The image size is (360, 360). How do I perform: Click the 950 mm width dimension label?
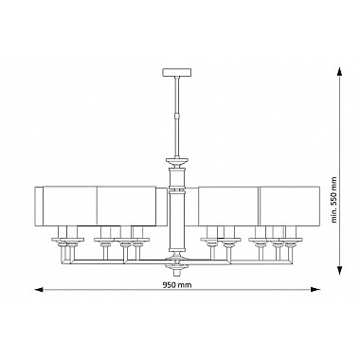point(177,285)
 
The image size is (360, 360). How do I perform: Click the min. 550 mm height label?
point(334,200)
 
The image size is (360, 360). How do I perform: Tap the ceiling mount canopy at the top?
point(177,72)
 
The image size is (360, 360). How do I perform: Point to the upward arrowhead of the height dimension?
point(339,73)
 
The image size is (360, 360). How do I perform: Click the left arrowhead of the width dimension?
point(39,289)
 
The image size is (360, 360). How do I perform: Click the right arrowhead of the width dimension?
point(315,289)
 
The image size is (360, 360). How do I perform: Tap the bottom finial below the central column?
point(177,270)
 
